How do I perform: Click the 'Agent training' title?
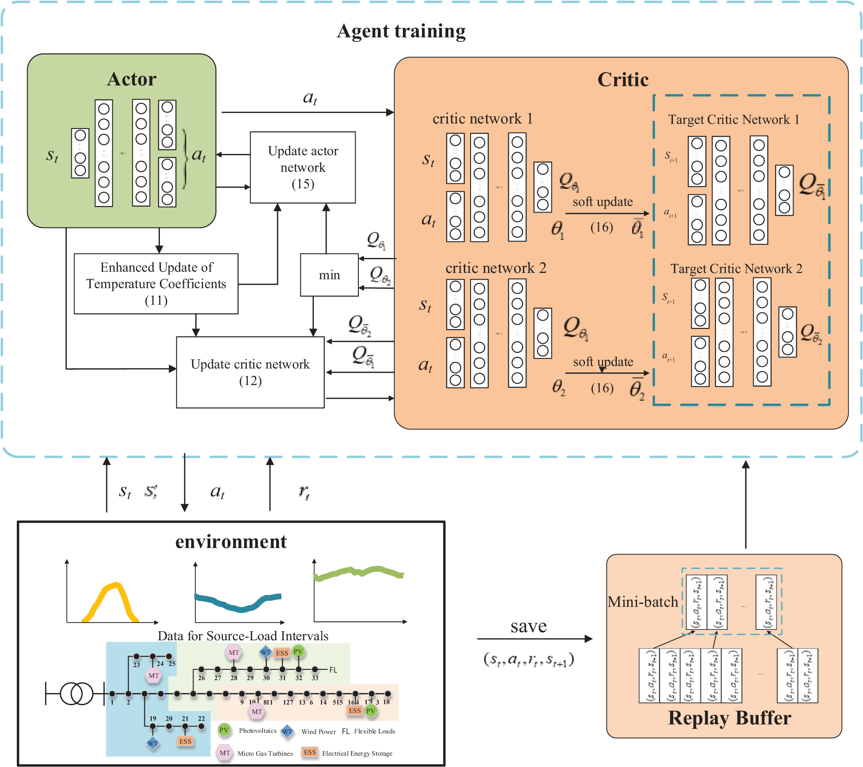coord(401,31)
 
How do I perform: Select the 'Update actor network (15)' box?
coord(303,167)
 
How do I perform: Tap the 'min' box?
coord(329,275)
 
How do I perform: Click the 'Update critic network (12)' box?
coord(250,372)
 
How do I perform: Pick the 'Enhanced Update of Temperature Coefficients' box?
coord(156,283)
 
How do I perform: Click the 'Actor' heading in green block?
coord(132,79)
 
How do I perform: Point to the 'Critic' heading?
coord(623,79)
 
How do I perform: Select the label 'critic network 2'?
coord(496,268)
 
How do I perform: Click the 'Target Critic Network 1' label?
coord(734,119)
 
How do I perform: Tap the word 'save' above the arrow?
coord(528,626)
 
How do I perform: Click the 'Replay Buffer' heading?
coord(729,718)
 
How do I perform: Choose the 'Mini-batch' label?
coord(643,602)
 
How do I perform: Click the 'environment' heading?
coord(231,541)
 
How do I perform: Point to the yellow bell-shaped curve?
coord(111,599)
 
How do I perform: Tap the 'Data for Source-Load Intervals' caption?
coord(243,636)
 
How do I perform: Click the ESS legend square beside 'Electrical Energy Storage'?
coord(310,752)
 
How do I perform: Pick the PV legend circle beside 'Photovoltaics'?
coord(224,730)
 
